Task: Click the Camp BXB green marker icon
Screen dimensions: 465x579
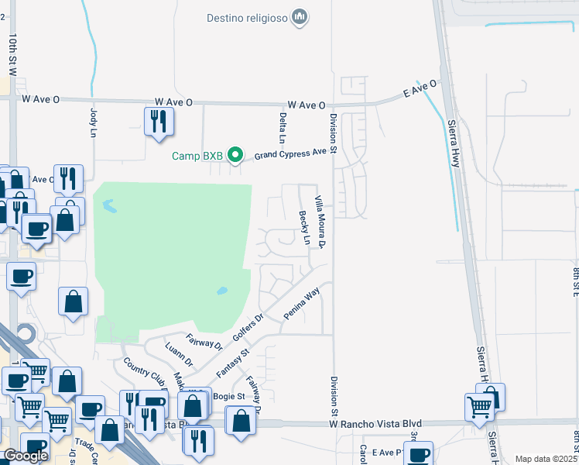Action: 237,156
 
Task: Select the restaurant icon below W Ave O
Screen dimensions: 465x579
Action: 159,122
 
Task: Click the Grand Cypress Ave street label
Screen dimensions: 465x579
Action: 291,153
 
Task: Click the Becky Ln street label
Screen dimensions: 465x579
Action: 304,229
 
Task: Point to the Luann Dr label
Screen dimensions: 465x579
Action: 179,355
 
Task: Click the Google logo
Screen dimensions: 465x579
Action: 26,456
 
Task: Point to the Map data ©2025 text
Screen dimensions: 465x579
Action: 546,459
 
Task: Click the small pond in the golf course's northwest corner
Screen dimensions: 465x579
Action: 109,206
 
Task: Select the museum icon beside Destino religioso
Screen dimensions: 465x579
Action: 302,16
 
